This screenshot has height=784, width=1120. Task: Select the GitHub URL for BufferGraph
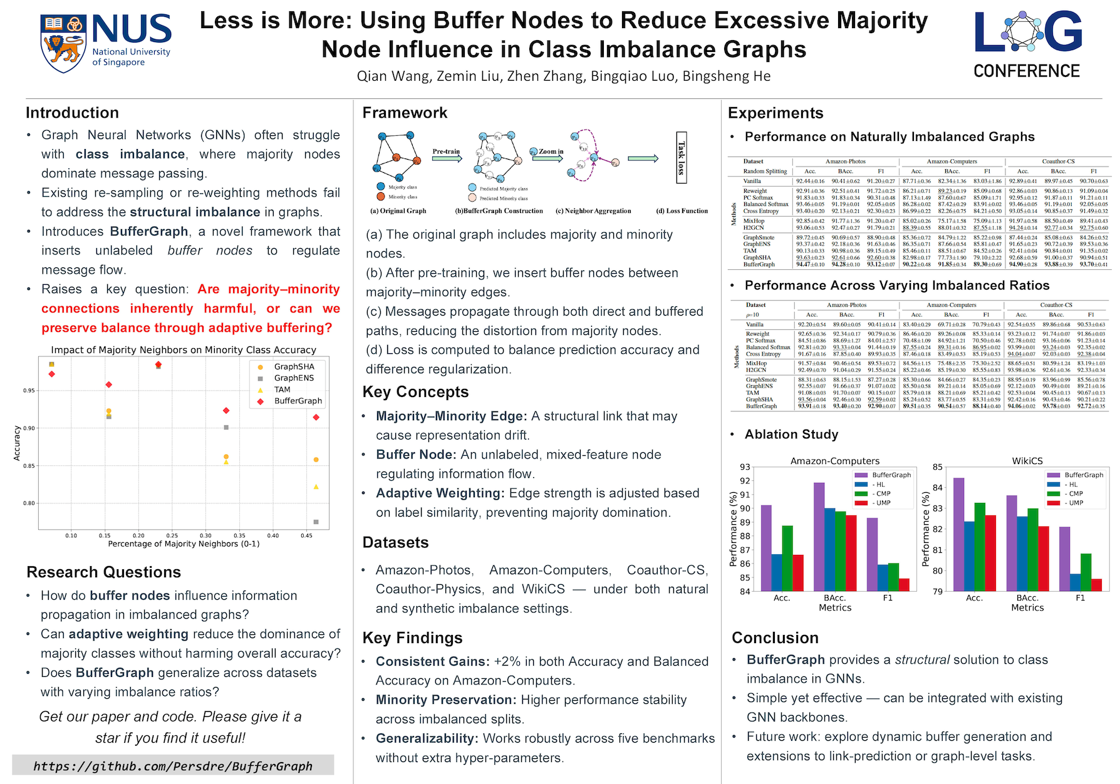pyautogui.click(x=173, y=766)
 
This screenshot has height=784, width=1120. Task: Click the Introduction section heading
pyautogui.click(x=72, y=113)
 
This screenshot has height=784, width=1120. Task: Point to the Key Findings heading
pyautogui.click(x=412, y=637)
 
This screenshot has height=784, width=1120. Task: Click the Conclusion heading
pyautogui.click(x=775, y=637)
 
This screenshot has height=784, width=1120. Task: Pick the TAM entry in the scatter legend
pyautogui.click(x=282, y=389)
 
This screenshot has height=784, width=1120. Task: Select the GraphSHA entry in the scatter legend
pyautogui.click(x=294, y=366)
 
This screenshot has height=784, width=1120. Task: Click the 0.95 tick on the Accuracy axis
pyautogui.click(x=29, y=390)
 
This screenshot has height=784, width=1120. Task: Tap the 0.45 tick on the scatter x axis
pyautogui.click(x=306, y=535)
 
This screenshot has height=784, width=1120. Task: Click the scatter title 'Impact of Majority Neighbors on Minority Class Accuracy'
pyautogui.click(x=184, y=350)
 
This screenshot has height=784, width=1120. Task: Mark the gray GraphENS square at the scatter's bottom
pyautogui.click(x=316, y=522)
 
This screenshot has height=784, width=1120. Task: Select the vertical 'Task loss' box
pyautogui.click(x=681, y=157)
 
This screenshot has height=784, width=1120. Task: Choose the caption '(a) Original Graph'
pyautogui.click(x=398, y=211)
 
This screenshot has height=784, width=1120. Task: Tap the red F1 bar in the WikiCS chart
pyautogui.click(x=1096, y=584)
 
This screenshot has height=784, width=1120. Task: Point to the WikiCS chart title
pyautogui.click(x=1027, y=461)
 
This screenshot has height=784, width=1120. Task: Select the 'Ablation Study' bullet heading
pyautogui.click(x=791, y=434)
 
